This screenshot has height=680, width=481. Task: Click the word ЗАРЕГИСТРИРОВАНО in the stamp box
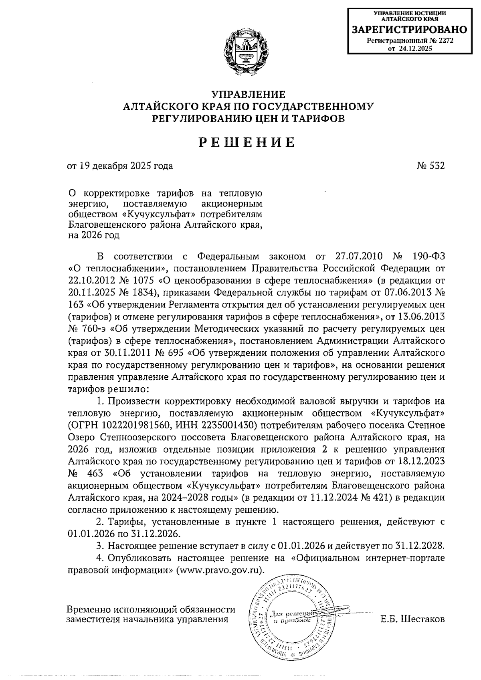click(409, 30)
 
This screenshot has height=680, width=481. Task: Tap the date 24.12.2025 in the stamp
click(415, 49)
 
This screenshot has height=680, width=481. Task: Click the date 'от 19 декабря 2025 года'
click(120, 166)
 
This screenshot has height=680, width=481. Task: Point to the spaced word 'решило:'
click(129, 389)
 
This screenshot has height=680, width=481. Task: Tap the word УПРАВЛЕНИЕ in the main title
click(248, 95)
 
